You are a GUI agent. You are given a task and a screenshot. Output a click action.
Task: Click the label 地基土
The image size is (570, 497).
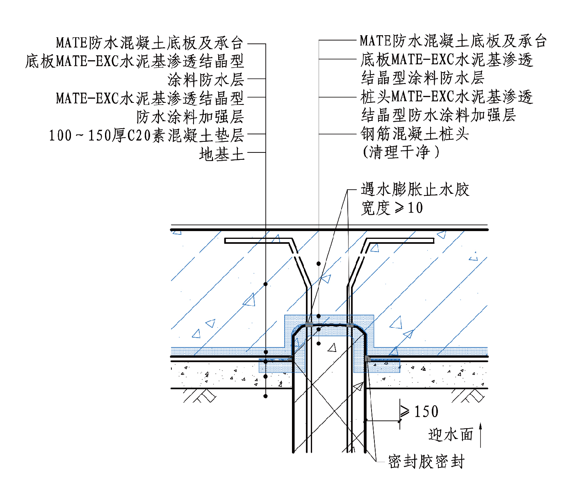221,154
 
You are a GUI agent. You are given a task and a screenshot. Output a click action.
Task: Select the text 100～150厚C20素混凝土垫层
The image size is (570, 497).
147,135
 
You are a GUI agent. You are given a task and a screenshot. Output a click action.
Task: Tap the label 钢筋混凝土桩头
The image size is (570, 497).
415,134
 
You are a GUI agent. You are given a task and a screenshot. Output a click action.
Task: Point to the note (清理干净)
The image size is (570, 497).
401,152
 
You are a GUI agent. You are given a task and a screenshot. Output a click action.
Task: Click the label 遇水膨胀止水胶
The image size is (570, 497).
415,190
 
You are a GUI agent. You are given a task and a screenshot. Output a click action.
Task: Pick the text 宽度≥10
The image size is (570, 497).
392,208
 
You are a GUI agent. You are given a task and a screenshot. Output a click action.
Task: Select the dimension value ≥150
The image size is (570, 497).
420,411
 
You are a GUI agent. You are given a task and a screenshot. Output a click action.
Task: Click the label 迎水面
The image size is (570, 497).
451,435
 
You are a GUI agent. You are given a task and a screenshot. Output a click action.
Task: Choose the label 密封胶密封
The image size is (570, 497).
426,462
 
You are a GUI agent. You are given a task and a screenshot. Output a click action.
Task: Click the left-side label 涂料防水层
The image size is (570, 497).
206,79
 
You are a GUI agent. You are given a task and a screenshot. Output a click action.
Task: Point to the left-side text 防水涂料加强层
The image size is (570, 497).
190,117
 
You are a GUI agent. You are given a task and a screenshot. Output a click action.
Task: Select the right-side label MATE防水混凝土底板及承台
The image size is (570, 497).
453,41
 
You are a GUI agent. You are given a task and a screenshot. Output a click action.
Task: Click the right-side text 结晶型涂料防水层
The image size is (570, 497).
422,78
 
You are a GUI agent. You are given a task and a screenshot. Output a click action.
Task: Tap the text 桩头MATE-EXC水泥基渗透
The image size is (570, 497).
447,97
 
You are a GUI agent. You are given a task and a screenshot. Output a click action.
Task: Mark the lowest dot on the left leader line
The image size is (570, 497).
266,396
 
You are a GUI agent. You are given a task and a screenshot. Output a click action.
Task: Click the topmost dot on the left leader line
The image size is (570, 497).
266,284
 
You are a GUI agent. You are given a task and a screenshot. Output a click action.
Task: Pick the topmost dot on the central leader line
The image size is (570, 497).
319,264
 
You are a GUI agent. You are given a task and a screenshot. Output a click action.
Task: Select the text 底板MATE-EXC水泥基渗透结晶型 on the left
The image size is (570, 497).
135,61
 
